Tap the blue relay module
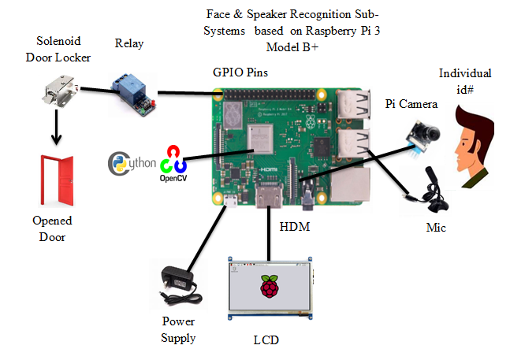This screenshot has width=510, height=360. click(x=131, y=89)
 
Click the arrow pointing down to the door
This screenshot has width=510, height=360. click(x=57, y=129)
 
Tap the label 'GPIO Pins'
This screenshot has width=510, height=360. click(x=241, y=72)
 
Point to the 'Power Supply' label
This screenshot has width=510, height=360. click(x=178, y=329)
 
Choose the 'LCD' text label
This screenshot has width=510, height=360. click(x=266, y=340)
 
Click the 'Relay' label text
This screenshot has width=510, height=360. click(x=128, y=43)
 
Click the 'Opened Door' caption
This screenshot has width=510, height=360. click(x=57, y=228)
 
